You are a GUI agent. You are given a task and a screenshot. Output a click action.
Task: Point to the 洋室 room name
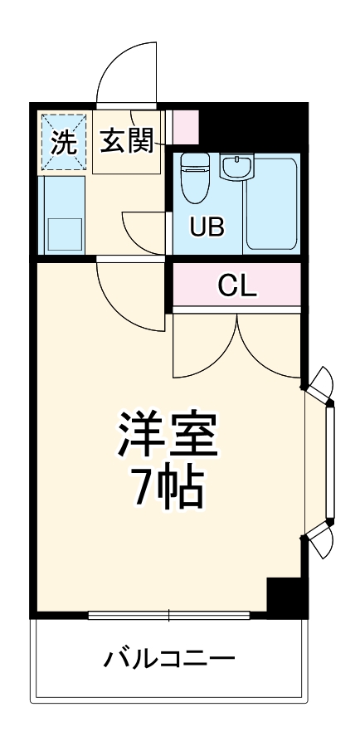(167, 436)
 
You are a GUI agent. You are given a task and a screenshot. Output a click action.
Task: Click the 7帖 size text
(167, 491)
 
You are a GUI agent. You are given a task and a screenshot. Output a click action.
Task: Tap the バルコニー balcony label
(169, 661)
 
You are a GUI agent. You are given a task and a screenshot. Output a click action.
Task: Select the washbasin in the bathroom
(236, 168)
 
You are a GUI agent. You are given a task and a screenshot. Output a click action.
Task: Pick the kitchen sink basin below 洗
(64, 232)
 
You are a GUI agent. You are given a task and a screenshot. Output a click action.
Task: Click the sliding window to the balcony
(168, 616)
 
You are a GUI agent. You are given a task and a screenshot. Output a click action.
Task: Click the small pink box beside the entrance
(185, 125)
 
